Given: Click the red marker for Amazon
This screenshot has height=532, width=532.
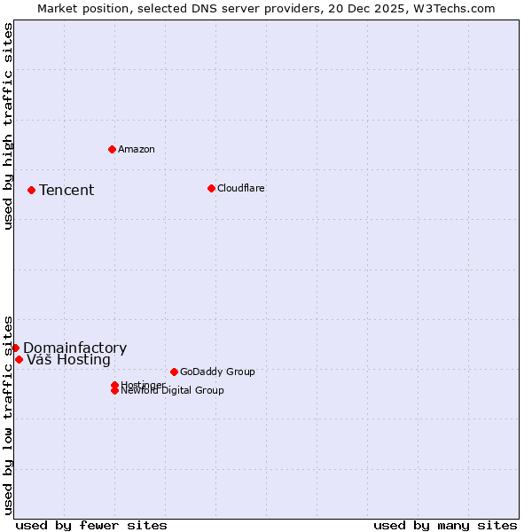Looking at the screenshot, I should pos(112,149).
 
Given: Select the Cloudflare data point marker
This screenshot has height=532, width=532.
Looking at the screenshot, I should pos(211,188).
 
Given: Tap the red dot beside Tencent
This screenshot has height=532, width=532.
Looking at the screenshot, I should pos(31,190).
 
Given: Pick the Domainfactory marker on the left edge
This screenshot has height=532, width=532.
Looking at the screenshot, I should pos(16,348).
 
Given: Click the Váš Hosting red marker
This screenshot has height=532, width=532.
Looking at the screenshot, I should pos(19,359).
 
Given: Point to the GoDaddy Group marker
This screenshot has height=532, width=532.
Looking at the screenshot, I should pos(174,372).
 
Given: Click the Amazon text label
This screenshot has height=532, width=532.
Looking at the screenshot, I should pos(137,149).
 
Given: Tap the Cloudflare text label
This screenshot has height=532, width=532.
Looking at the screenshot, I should pos(241,188).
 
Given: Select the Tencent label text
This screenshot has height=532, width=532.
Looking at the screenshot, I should pos(66,190).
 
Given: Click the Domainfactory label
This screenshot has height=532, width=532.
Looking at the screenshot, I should pos(75,348).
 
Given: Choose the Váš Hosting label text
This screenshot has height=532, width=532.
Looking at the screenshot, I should pos(69,360).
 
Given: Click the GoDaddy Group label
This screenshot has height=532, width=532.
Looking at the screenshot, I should pos(217,372).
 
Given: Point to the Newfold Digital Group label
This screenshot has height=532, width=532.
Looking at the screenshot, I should pos(173,391).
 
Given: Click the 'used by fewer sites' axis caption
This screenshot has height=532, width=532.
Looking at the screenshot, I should pos(91,525).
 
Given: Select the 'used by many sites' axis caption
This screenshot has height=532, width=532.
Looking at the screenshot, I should pos(445,525).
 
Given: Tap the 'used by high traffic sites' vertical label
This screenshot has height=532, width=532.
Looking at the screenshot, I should pos(8,126).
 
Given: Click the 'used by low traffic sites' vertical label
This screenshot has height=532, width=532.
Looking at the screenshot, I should pos(8,414).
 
